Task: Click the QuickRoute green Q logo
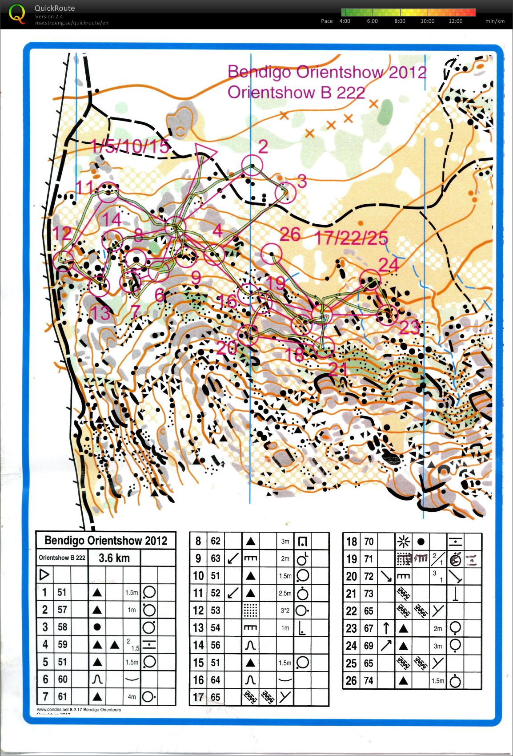point(17,13)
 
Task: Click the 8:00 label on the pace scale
point(400,21)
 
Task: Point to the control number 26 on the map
point(290,234)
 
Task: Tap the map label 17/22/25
point(351,238)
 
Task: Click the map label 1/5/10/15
point(130,146)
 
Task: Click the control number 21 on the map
point(338,369)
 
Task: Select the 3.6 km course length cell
point(114,558)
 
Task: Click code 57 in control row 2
point(62,610)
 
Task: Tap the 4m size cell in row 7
point(132,697)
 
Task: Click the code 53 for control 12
point(215,610)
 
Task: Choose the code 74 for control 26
point(369,680)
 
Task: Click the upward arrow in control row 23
point(386,628)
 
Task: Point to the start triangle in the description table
point(44,575)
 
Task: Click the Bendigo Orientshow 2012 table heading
point(106,541)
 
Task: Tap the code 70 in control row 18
point(369,542)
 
